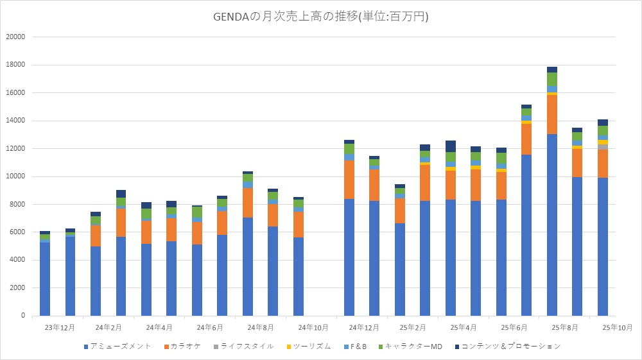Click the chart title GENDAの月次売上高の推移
[320, 17]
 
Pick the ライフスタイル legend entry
[248, 347]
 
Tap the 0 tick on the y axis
[22, 316]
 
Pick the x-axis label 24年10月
[311, 327]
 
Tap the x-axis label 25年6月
[513, 327]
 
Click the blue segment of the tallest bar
[551, 225]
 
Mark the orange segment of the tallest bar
[551, 114]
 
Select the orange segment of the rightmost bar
[602, 164]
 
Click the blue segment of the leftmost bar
[45, 279]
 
